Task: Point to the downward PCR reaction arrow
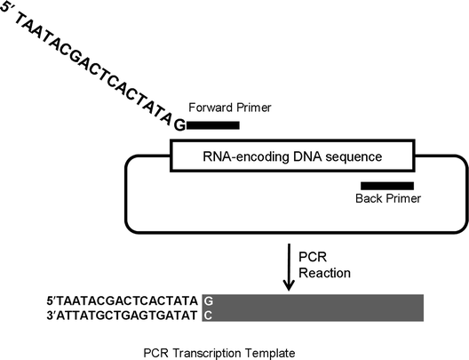[288, 268]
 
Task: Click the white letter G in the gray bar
[208, 301]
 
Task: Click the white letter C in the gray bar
[208, 316]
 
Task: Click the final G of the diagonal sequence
[179, 124]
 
